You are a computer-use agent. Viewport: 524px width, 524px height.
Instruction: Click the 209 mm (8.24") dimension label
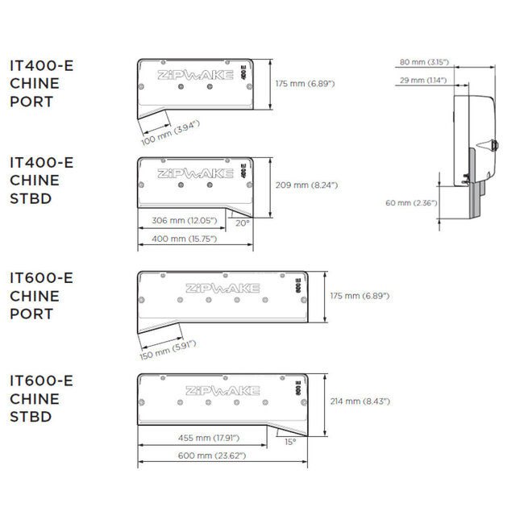click(x=306, y=185)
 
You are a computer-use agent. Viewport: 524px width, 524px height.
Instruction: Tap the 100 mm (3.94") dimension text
click(x=170, y=133)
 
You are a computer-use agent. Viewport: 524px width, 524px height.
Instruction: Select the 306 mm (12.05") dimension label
click(x=185, y=221)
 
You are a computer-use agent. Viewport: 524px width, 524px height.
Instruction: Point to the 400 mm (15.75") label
click(x=185, y=239)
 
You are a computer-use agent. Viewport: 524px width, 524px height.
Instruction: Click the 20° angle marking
click(x=243, y=223)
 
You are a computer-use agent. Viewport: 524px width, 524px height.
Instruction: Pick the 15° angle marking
click(x=290, y=442)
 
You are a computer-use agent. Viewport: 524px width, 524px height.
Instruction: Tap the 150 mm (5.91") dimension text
click(x=168, y=350)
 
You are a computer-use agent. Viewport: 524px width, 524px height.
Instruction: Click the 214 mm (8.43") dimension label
click(x=360, y=401)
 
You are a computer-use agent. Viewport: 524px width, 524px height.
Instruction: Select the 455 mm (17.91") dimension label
click(x=209, y=438)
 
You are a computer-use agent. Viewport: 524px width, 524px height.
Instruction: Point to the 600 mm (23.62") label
click(x=212, y=455)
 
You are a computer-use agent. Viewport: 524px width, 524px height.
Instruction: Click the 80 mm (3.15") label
click(x=424, y=62)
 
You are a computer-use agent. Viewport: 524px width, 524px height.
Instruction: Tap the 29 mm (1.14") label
click(x=423, y=81)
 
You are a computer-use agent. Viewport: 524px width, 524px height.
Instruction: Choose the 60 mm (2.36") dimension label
click(x=411, y=203)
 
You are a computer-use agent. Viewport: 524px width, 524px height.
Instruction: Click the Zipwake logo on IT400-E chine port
click(x=195, y=75)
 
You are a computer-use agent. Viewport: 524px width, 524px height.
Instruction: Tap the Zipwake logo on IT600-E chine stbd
click(x=222, y=391)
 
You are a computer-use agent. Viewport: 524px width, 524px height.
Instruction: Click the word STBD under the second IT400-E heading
click(x=31, y=199)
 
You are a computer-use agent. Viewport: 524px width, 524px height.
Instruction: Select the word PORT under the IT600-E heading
click(x=31, y=314)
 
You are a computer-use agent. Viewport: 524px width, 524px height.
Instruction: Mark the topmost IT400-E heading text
click(x=41, y=66)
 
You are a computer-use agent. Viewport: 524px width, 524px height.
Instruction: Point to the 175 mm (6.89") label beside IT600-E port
click(x=360, y=296)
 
